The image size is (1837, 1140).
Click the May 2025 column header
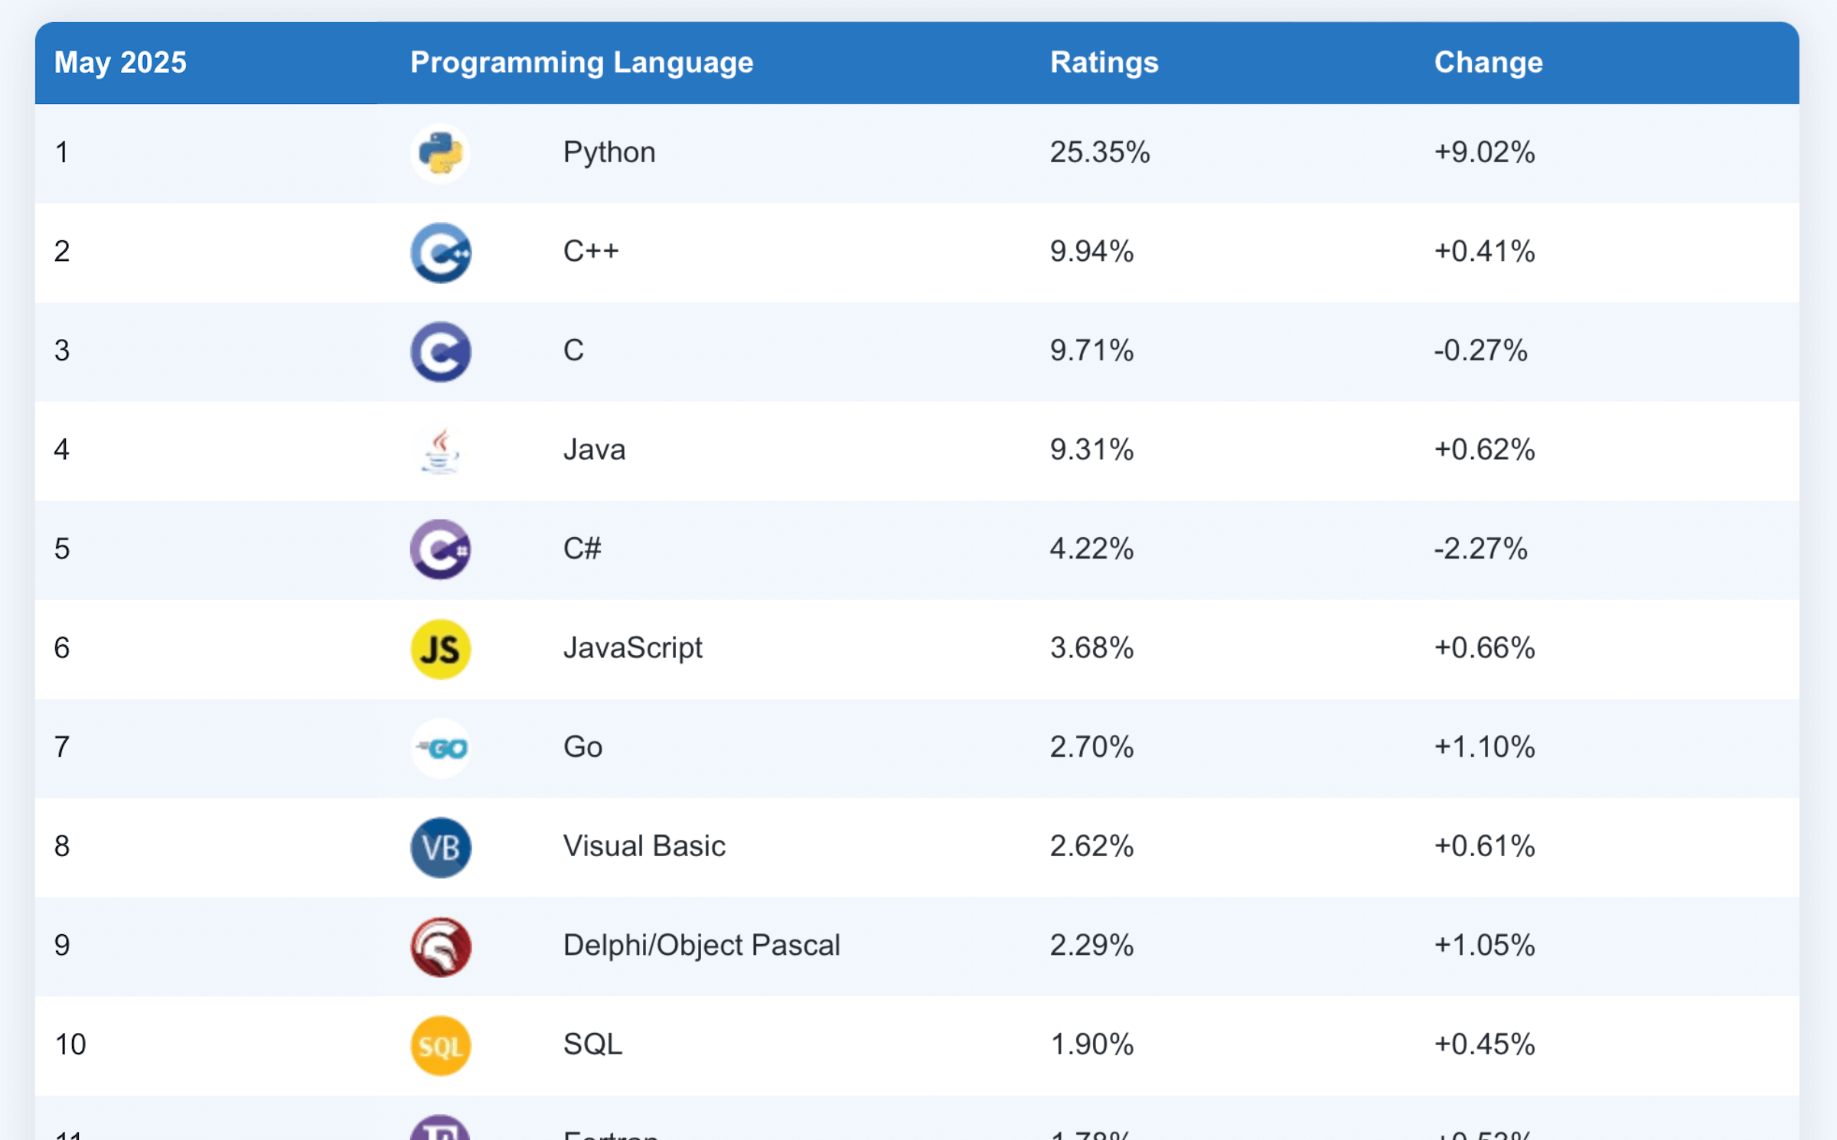click(120, 63)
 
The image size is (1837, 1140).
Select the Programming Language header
click(581, 63)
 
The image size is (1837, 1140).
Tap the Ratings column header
click(1104, 63)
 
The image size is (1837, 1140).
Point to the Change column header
click(1488, 63)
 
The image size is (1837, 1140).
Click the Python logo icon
click(440, 153)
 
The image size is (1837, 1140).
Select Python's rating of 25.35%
click(1099, 152)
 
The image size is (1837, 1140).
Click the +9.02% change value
click(1484, 152)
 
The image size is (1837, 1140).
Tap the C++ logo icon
click(440, 252)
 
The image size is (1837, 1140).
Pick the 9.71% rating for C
click(1091, 350)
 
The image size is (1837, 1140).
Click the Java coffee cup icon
click(440, 451)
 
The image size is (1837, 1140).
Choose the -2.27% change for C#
click(1480, 549)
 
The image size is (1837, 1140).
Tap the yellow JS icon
click(440, 649)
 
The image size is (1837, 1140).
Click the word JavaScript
click(632, 648)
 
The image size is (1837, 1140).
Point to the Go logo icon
click(440, 748)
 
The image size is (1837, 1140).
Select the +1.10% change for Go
click(1484, 747)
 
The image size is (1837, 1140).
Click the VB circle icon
click(440, 847)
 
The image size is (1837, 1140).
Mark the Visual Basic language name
click(644, 846)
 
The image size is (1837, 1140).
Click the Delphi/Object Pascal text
click(701, 945)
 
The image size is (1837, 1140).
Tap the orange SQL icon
click(440, 1045)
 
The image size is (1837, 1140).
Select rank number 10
click(70, 1044)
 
